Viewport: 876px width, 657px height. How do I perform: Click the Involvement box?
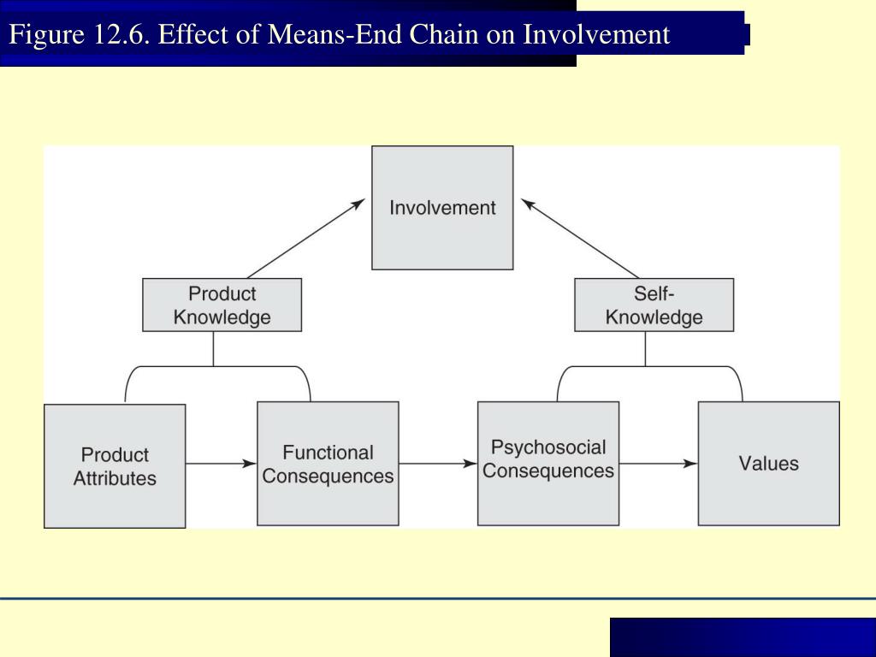[x=442, y=208]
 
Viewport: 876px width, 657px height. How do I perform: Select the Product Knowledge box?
[x=222, y=305]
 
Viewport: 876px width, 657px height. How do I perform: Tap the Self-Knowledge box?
[x=654, y=305]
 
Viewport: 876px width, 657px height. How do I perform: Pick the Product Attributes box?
[x=115, y=466]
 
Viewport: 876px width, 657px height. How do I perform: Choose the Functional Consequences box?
[x=328, y=464]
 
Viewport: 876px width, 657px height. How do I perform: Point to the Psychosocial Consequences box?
[x=547, y=464]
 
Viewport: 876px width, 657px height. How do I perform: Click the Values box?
[x=768, y=464]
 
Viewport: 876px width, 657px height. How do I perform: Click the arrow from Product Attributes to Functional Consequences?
[x=221, y=464]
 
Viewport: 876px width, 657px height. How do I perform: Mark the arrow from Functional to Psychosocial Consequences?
[x=437, y=464]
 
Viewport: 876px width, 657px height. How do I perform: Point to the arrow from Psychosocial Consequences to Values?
[x=658, y=464]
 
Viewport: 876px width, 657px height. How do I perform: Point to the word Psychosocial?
[x=547, y=447]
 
